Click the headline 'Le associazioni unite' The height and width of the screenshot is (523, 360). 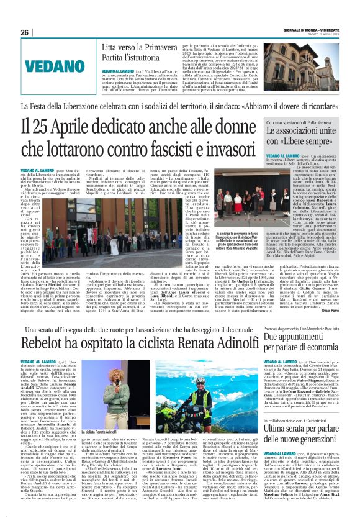[299, 132]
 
